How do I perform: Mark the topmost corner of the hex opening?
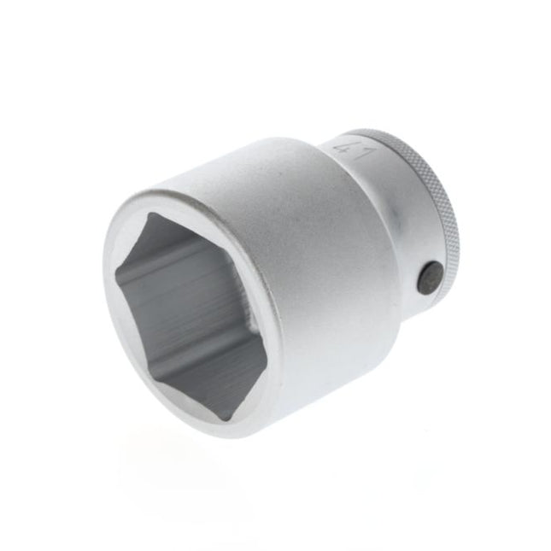click(149, 215)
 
